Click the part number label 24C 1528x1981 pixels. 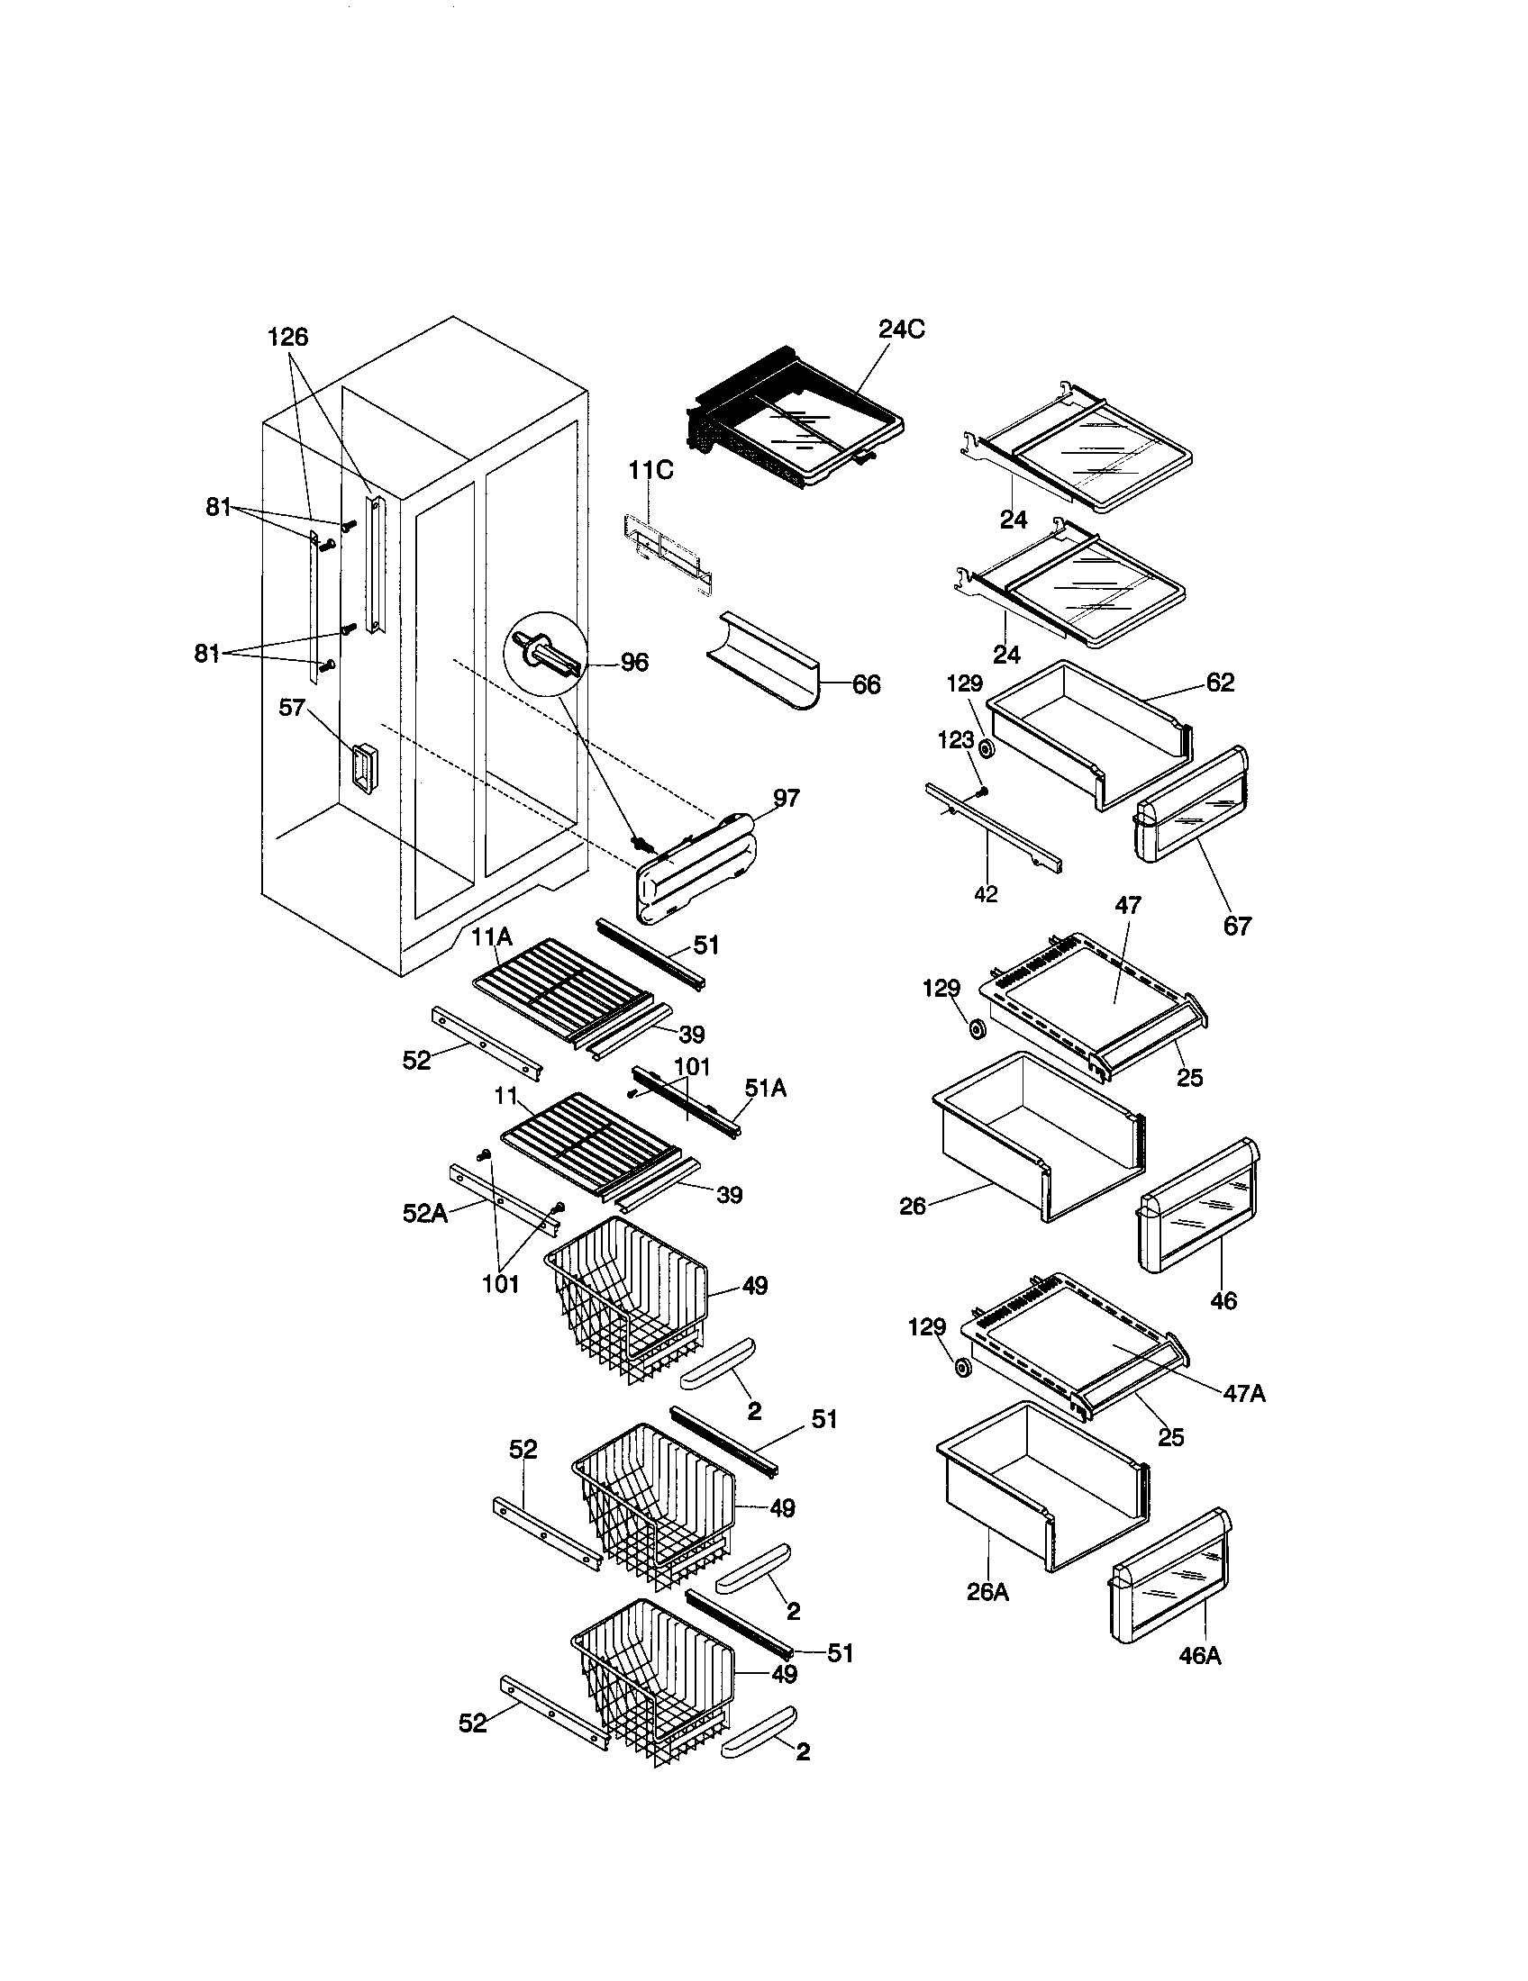901,330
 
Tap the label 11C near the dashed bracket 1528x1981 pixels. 650,471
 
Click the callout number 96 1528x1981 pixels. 633,663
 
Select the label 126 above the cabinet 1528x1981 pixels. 287,338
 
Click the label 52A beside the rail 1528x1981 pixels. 424,1213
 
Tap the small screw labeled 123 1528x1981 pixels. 981,791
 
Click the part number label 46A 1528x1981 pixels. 1199,1656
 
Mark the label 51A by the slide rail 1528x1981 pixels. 765,1088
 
